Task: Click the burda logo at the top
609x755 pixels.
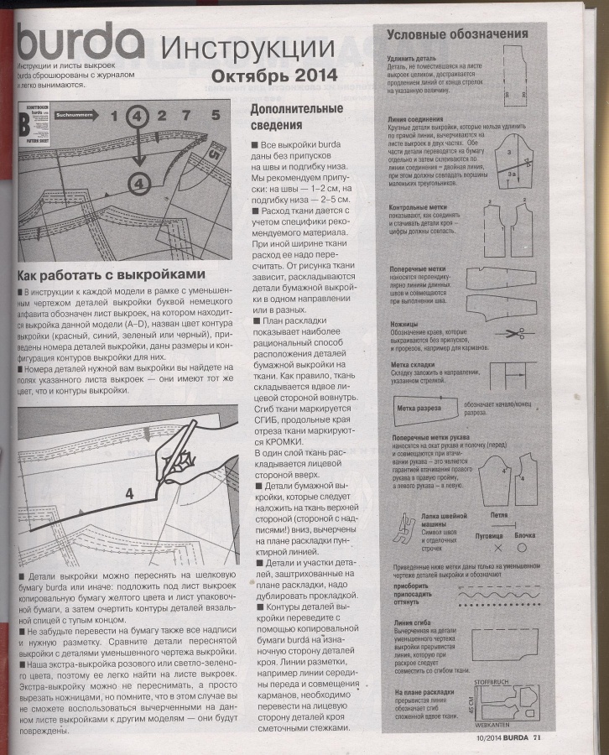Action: (81, 41)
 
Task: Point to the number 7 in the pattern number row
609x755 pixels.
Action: (186, 116)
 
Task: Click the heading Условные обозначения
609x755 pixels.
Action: (456, 34)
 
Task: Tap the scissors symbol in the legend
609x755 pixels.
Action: (509, 334)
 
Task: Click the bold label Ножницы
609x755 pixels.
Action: (404, 324)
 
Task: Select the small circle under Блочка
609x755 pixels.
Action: (522, 549)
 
